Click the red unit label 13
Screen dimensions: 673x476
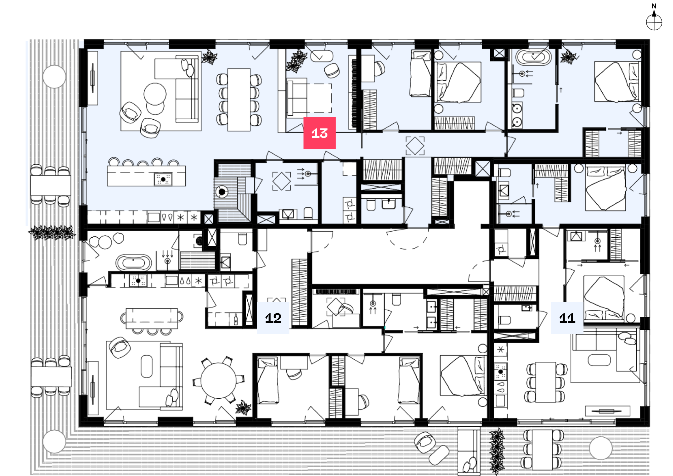click(319, 133)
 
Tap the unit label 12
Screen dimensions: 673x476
click(273, 318)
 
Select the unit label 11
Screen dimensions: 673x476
click(567, 318)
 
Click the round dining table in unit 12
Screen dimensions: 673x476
click(219, 381)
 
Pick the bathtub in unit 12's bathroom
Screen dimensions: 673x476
click(134, 263)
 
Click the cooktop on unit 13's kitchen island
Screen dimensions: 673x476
click(163, 179)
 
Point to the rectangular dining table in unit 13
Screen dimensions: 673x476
click(239, 100)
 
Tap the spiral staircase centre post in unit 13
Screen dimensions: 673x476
click(221, 192)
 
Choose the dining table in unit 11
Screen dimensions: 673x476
click(545, 382)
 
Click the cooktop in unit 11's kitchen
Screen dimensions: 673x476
click(500, 371)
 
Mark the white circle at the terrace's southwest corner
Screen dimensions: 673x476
click(54, 441)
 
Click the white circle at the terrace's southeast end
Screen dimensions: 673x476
click(601, 448)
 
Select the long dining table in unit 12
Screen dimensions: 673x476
click(152, 318)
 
